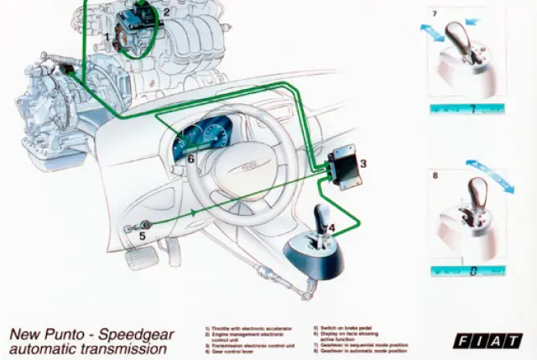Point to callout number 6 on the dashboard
tap(191, 158)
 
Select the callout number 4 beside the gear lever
tap(332, 227)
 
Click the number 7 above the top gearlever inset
tap(434, 14)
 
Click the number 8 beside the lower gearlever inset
tap(435, 176)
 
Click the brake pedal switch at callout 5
tap(143, 225)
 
